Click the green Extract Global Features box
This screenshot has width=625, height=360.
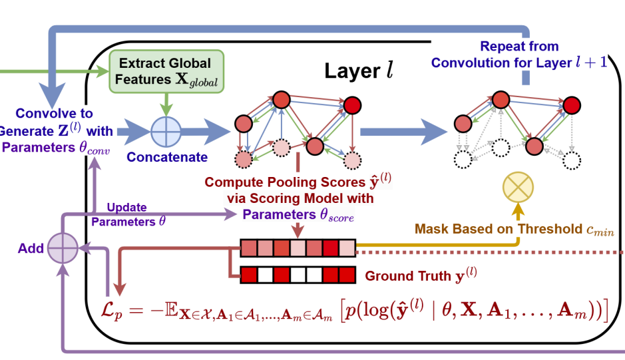pyautogui.click(x=166, y=71)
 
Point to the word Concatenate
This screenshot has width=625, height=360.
pyautogui.click(x=167, y=157)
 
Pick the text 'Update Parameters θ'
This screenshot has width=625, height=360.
pyautogui.click(x=128, y=215)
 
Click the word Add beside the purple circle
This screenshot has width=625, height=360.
pyautogui.click(x=31, y=249)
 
